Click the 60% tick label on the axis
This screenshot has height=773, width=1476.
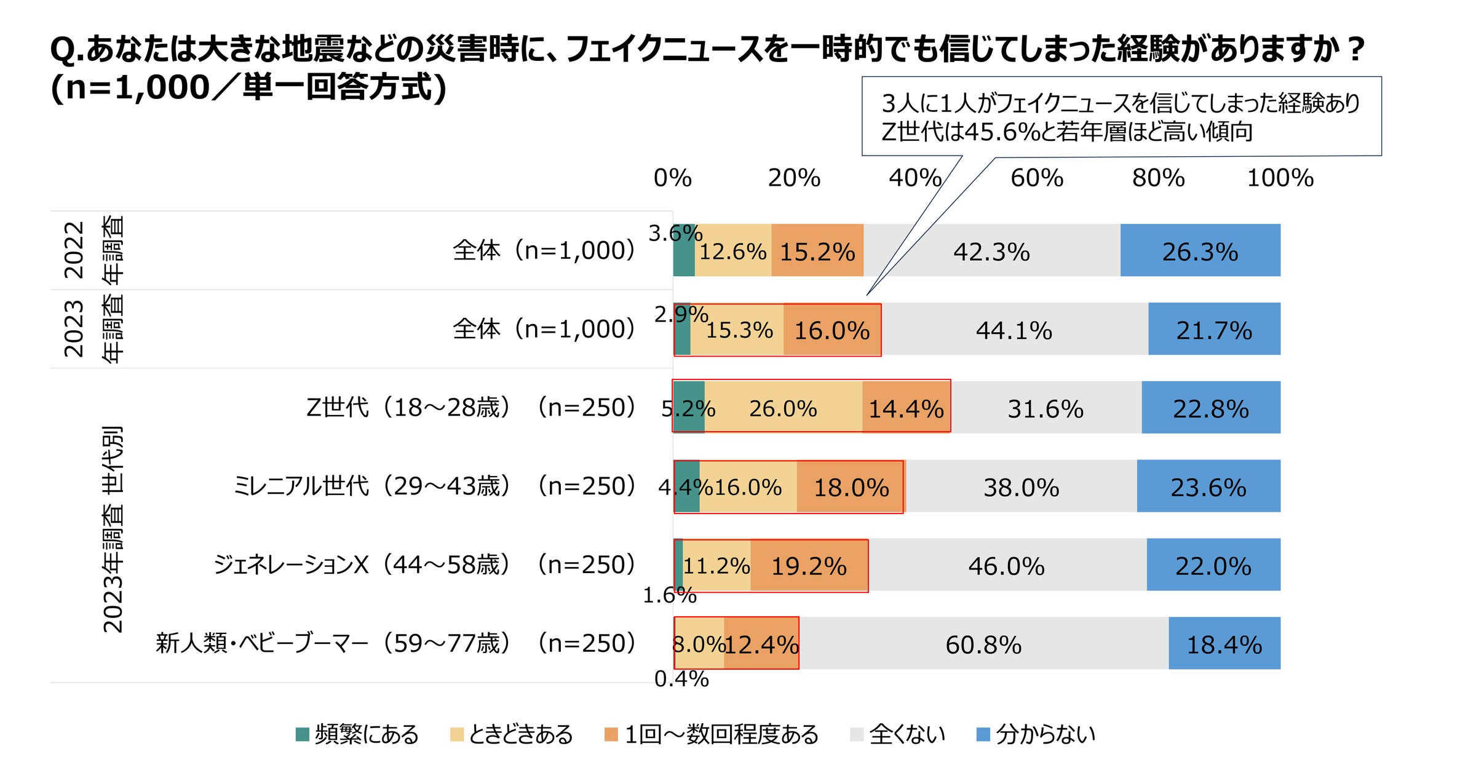[x=1036, y=178]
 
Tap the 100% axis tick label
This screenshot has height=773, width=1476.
[x=1280, y=178]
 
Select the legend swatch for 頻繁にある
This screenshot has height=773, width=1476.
[x=302, y=734]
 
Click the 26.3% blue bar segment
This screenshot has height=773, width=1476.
[x=1200, y=250]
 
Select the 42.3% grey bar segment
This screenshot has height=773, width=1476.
[x=991, y=250]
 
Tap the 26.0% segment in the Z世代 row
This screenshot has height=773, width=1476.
[x=783, y=408]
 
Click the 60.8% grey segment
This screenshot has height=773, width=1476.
[x=983, y=644]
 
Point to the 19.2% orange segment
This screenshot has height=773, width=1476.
[x=809, y=565]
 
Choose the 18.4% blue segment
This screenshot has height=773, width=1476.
[x=1224, y=644]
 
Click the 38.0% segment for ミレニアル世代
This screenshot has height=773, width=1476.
[x=1021, y=486]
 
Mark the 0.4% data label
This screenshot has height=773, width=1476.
[x=681, y=679]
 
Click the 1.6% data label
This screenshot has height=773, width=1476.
[x=669, y=595]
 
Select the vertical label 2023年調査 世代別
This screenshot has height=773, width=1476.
[x=113, y=529]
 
